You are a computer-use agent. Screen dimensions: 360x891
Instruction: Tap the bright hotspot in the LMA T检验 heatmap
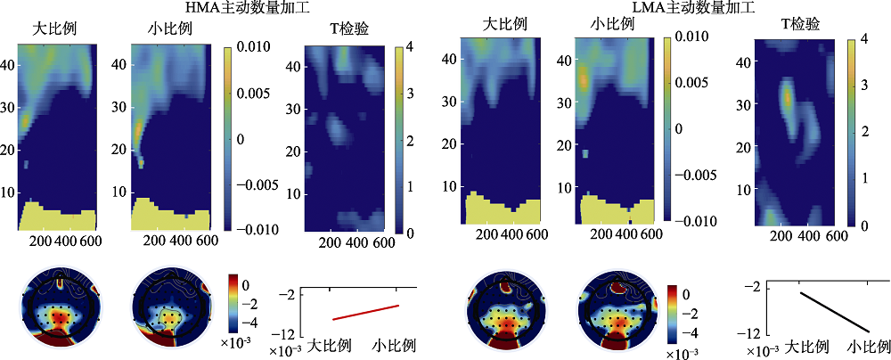(787, 96)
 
